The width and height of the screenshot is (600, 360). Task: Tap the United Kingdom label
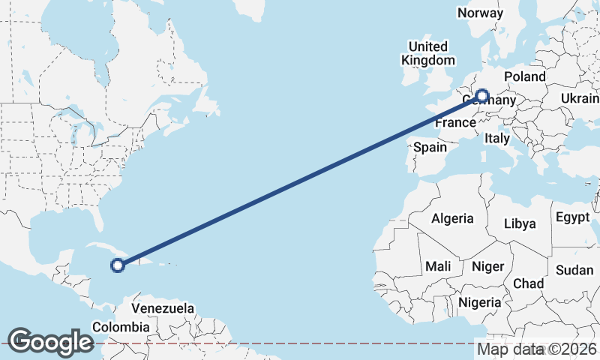pyautogui.click(x=428, y=53)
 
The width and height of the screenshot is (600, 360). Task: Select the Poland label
pyautogui.click(x=525, y=76)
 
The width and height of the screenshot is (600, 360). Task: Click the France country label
pyautogui.click(x=455, y=122)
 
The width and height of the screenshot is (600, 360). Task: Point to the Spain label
pyautogui.click(x=430, y=148)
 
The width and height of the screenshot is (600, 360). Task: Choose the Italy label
pyautogui.click(x=496, y=139)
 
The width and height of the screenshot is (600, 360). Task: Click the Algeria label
pyautogui.click(x=452, y=218)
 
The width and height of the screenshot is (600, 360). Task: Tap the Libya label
pyautogui.click(x=520, y=223)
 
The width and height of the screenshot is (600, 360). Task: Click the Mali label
pyautogui.click(x=438, y=266)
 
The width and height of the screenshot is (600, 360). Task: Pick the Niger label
pyautogui.click(x=487, y=266)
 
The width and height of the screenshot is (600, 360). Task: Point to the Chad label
pyautogui.click(x=528, y=283)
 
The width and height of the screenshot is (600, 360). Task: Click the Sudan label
pyautogui.click(x=574, y=270)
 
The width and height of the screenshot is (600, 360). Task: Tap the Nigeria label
pyautogui.click(x=479, y=302)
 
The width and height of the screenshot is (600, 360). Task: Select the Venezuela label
pyautogui.click(x=163, y=308)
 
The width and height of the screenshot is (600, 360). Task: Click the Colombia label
pyautogui.click(x=120, y=327)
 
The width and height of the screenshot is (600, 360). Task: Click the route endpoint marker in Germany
pyautogui.click(x=481, y=96)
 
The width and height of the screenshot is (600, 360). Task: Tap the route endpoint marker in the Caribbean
pyautogui.click(x=117, y=264)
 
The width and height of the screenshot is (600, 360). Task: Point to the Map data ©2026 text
pyautogui.click(x=537, y=349)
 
